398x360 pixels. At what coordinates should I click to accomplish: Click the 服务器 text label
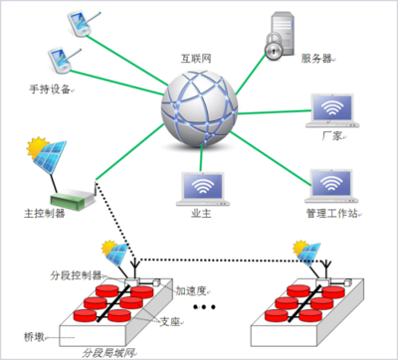317,59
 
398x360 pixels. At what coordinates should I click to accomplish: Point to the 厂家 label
333,138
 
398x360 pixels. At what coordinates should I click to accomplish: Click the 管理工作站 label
331,214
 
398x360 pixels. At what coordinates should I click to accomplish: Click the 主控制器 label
42,212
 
